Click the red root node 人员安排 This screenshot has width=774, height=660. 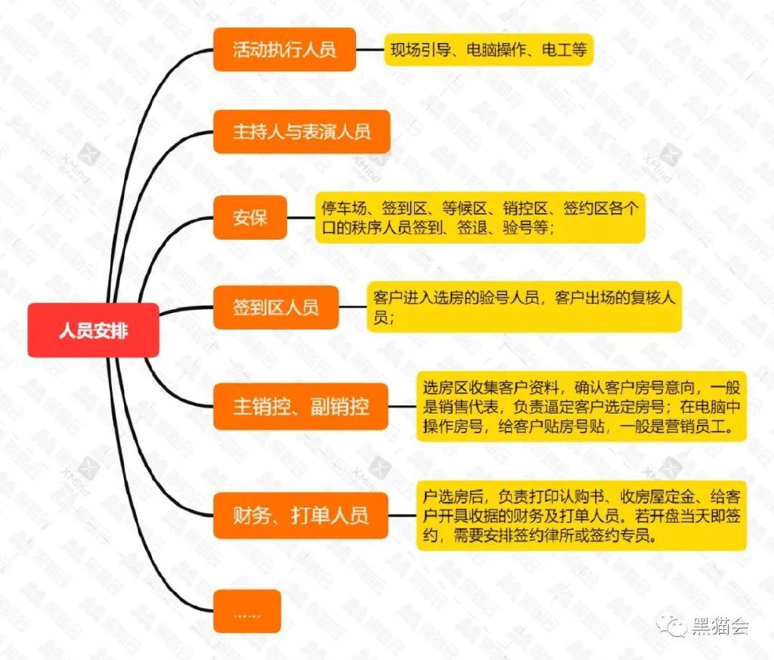[x=93, y=330]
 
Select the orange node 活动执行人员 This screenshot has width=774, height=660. [x=284, y=50]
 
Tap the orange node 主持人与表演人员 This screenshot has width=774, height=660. [x=302, y=132]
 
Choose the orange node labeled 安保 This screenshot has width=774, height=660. [x=249, y=218]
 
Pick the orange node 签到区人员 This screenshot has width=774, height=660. [x=275, y=308]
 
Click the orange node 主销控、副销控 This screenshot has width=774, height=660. [x=301, y=406]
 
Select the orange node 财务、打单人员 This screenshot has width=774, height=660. [x=301, y=516]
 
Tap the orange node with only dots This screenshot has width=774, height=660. [x=247, y=611]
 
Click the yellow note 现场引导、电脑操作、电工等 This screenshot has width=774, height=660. [x=488, y=50]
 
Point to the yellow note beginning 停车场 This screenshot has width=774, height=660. [x=480, y=218]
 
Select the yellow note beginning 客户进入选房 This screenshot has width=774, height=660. [x=524, y=307]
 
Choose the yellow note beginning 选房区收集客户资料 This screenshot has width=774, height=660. [x=581, y=407]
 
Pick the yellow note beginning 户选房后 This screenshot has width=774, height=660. [x=581, y=516]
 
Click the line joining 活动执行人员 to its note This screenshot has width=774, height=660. [x=370, y=50]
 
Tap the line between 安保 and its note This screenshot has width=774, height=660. [x=301, y=218]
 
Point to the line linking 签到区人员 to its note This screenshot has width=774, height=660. [x=352, y=307]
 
